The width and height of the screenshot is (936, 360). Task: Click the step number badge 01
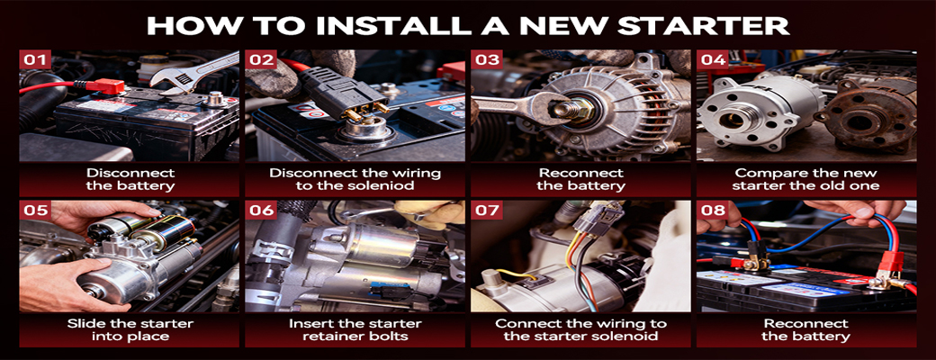tap(34, 59)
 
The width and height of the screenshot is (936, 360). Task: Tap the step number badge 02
tap(261, 59)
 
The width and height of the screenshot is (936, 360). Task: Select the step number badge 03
tap(487, 59)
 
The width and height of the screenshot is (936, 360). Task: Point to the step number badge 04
tap(713, 59)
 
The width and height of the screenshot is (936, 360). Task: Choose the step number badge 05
tap(34, 210)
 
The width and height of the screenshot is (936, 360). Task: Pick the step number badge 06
tap(261, 210)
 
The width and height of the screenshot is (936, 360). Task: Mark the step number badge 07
tap(487, 210)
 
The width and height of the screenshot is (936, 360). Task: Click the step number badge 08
tap(713, 210)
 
